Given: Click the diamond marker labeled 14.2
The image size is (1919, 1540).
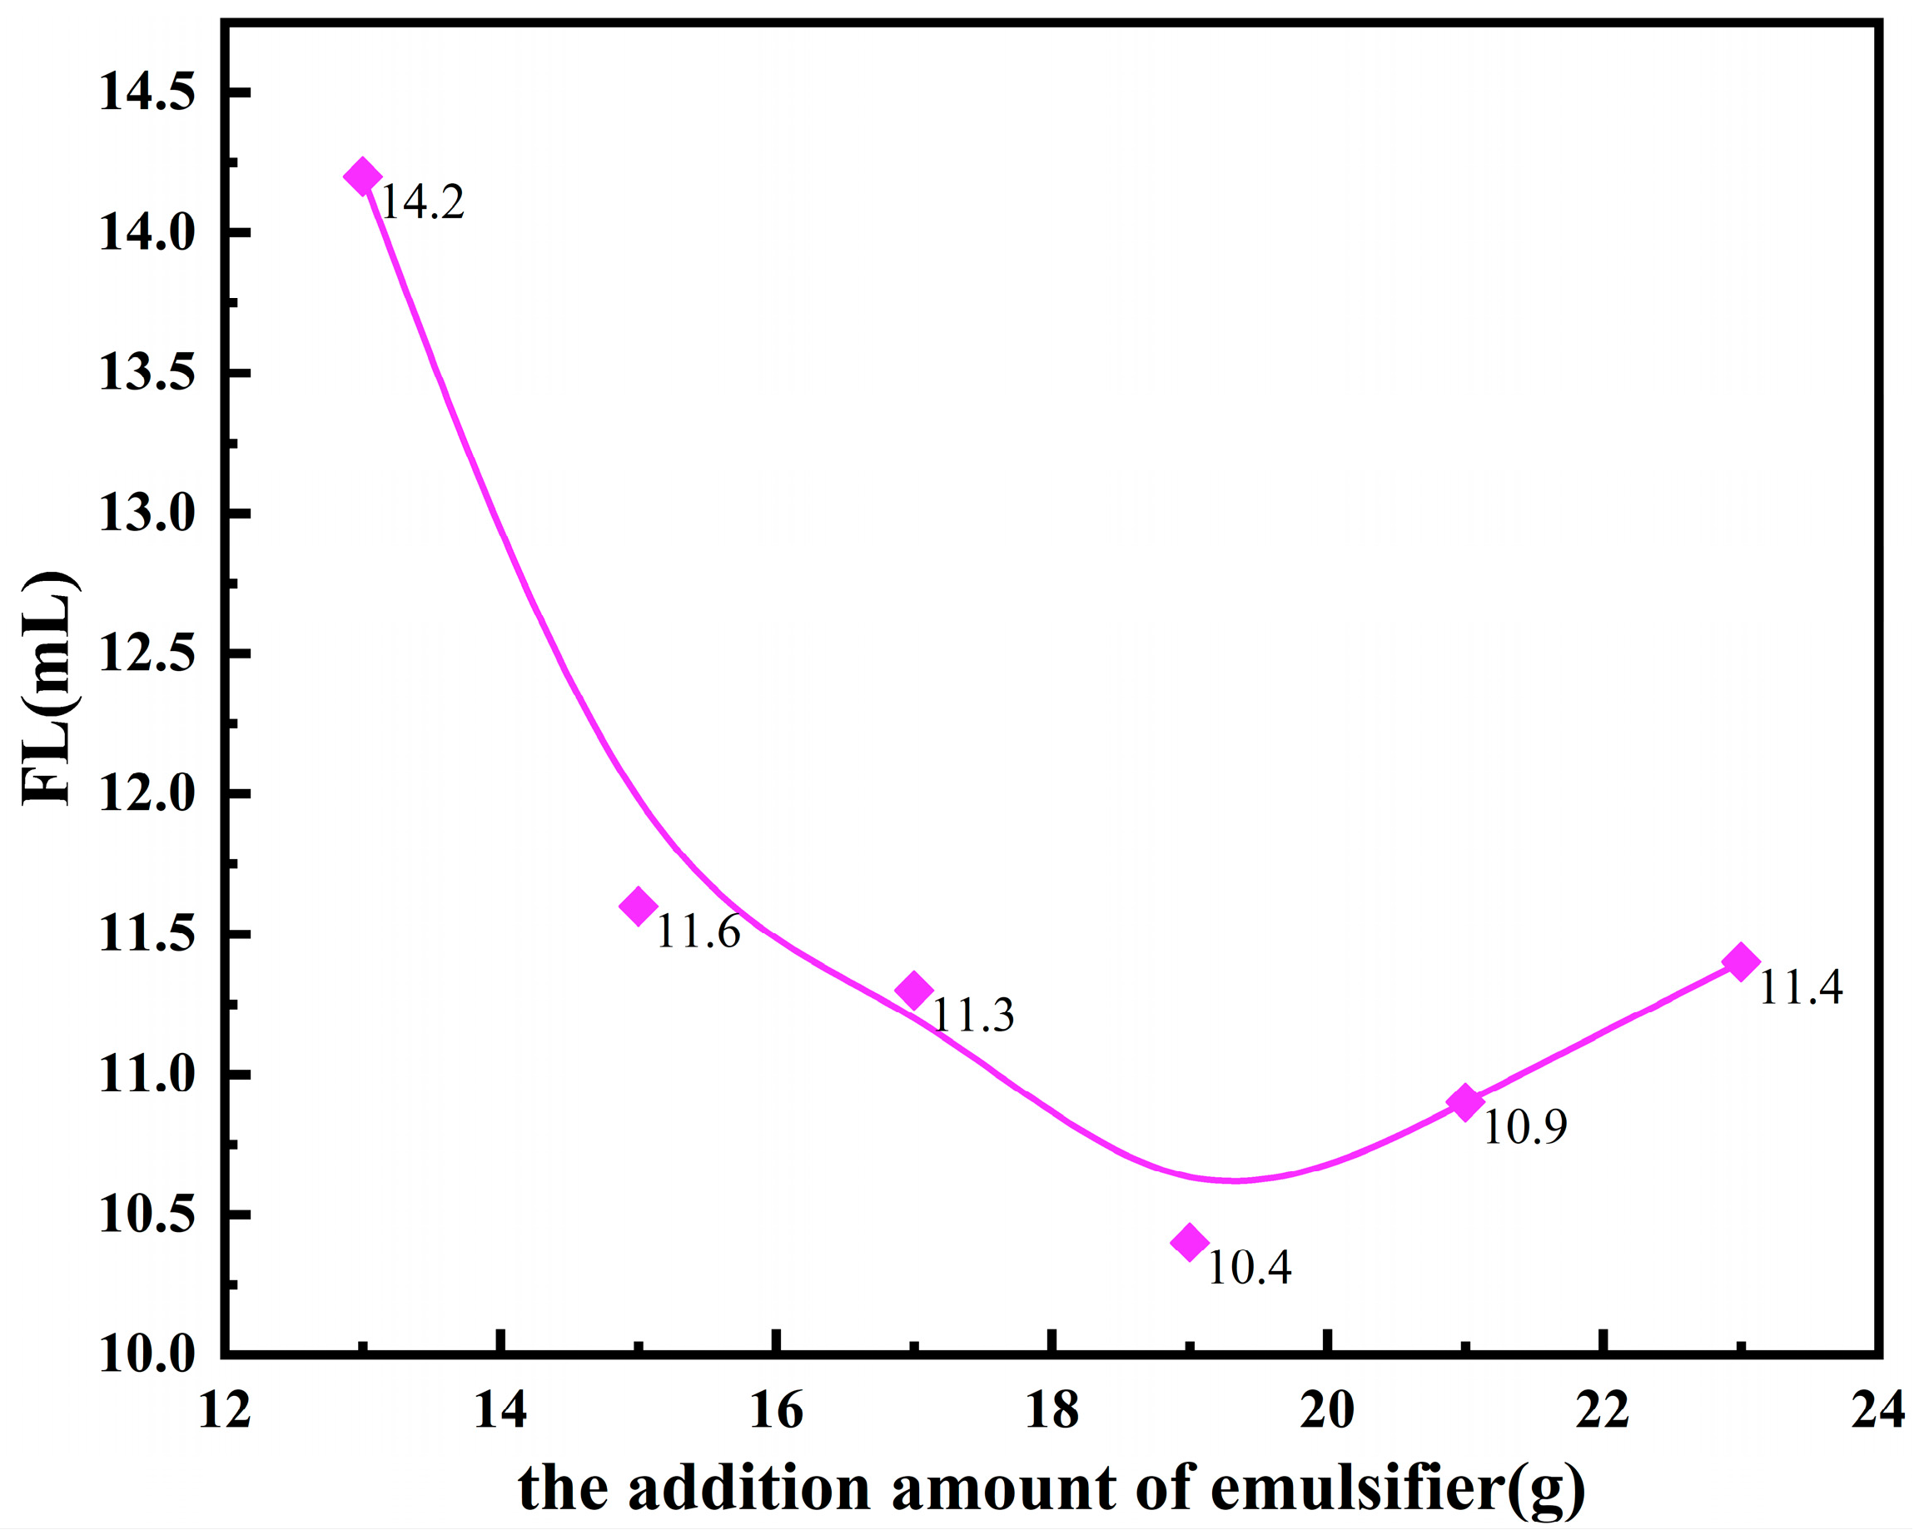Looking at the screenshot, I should [x=362, y=176].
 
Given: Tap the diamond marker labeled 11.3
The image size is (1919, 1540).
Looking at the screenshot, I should [x=914, y=990].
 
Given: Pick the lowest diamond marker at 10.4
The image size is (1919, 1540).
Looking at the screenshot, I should [x=1190, y=1242].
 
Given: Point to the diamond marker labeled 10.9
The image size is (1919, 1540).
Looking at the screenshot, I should [x=1465, y=1103].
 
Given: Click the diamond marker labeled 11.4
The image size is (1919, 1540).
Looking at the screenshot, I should [x=1741, y=961].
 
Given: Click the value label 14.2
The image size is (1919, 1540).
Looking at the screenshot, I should [x=422, y=203].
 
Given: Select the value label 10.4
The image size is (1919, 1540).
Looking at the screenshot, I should [x=1249, y=1268].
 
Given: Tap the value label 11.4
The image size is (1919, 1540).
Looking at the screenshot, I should [x=1800, y=988].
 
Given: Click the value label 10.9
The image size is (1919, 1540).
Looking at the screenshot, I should [x=1524, y=1129].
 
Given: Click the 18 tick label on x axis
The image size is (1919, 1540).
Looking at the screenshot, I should [x=1052, y=1411].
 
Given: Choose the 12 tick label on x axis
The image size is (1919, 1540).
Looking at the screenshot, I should [x=224, y=1411].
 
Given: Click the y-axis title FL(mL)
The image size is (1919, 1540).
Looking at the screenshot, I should [x=51, y=688].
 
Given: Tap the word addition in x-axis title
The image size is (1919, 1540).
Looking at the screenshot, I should [x=748, y=1488].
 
